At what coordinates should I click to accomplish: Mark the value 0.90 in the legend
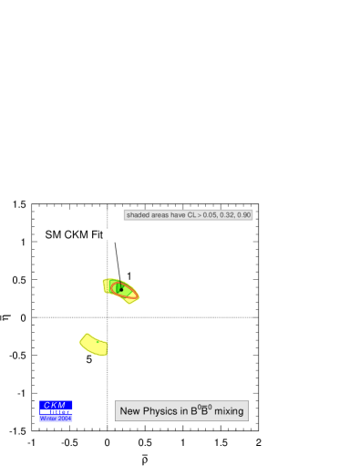click(243, 215)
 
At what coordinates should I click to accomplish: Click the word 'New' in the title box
click(130, 412)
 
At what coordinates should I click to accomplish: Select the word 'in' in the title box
click(184, 412)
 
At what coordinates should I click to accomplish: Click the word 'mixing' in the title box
click(229, 412)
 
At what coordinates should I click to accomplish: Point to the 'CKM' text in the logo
click(56, 405)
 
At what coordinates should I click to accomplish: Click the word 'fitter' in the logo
click(60, 412)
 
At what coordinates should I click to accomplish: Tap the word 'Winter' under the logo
click(49, 419)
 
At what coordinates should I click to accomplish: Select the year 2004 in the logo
click(65, 419)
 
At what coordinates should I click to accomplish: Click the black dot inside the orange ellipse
click(120, 289)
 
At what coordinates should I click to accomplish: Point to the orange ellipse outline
click(134, 294)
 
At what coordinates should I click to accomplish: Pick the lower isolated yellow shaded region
click(94, 344)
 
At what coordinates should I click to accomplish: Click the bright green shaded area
click(114, 287)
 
